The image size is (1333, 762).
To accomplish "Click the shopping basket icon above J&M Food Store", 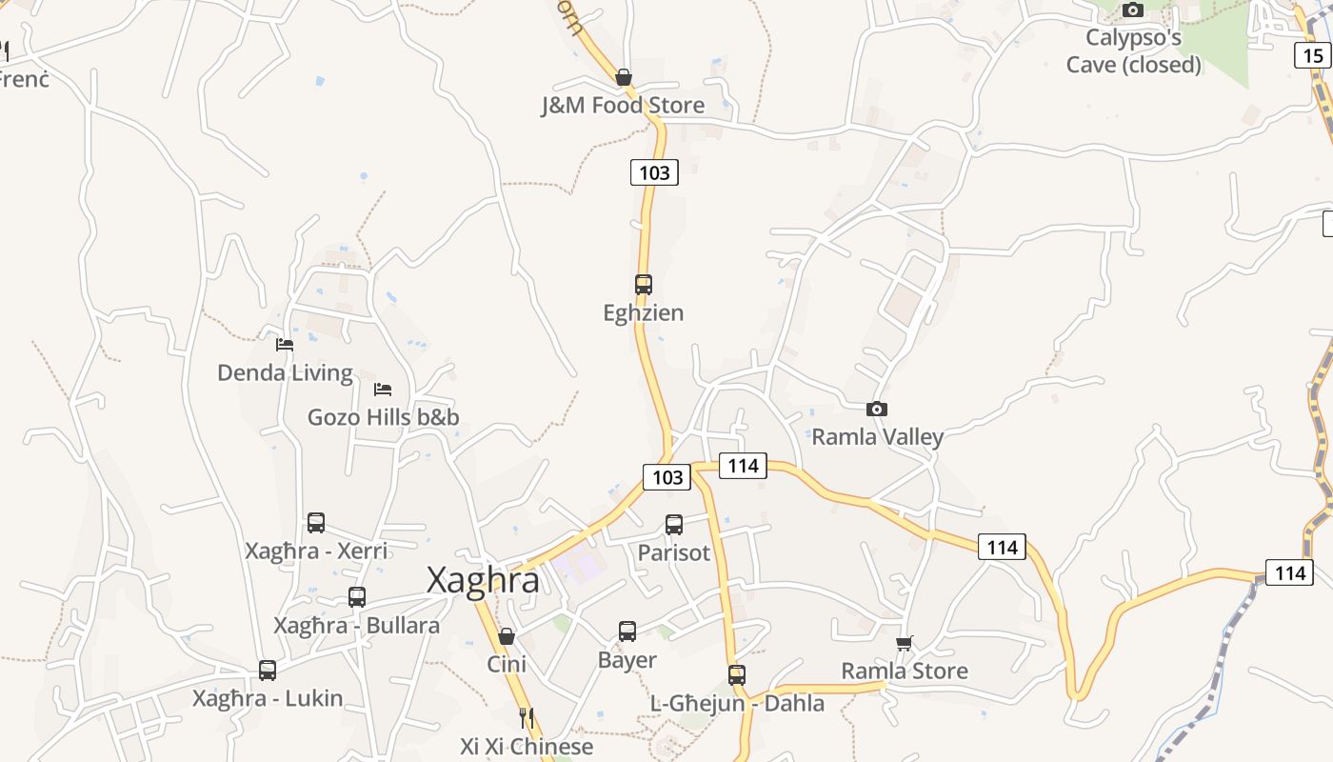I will coord(624,77).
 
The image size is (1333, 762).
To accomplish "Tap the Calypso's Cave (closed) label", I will coord(1133,51).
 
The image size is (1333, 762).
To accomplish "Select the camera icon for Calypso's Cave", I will coord(1132,10).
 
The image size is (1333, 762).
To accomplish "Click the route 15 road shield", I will coord(1313,55).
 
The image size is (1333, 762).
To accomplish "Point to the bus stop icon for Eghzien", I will coord(644,284).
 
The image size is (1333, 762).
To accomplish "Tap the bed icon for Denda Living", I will coord(285,345).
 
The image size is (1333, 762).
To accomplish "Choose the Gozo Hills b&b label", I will coord(383,417).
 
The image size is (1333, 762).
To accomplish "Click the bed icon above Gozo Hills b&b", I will coord(383,390).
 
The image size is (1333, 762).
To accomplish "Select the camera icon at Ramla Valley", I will coord(877,410).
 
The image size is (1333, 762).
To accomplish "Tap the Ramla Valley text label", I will coord(877,437).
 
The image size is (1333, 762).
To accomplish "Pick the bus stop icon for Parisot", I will coord(674,524).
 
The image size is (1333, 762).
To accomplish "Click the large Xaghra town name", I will coord(483,580).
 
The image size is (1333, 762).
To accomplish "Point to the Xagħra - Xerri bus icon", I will coord(316,522).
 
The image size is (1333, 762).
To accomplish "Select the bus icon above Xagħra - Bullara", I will coord(357,597).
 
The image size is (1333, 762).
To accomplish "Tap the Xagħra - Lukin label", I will coord(268,698).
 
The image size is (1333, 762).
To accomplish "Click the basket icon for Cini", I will coord(507,636).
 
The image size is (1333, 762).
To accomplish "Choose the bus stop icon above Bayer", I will coord(627,631).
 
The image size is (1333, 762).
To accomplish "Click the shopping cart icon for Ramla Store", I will coord(904,643).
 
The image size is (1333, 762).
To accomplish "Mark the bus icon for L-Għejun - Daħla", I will coord(737,675).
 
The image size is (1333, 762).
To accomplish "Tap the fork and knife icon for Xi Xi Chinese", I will coord(526,717).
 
